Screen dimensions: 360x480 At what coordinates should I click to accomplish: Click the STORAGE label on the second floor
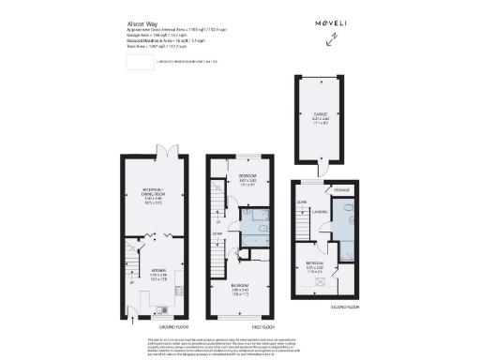341,191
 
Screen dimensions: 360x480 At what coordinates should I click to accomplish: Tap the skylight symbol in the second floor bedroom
322,279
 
